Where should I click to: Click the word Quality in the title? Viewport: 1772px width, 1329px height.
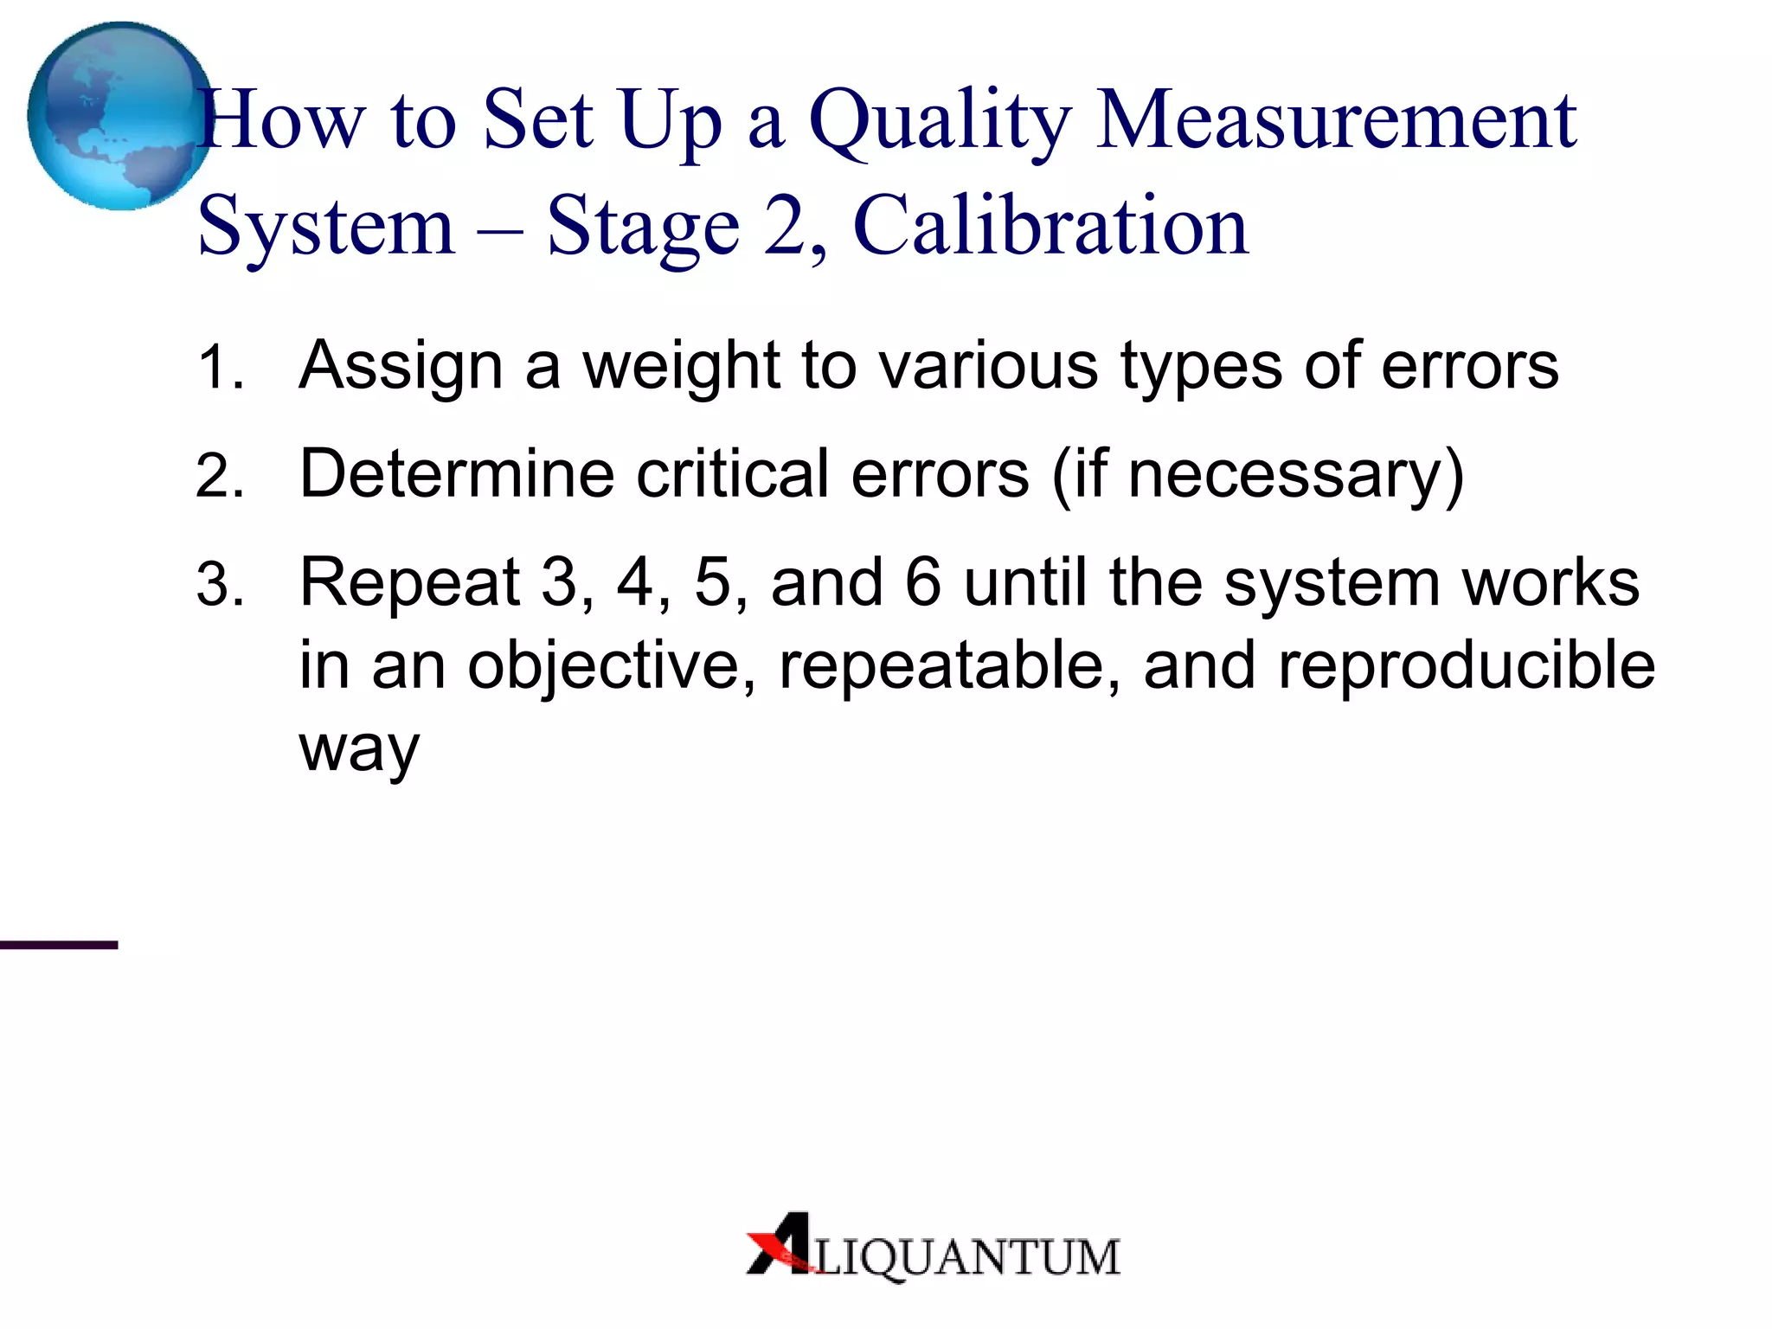tap(940, 123)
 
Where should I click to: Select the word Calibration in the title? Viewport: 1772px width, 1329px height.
tap(1050, 227)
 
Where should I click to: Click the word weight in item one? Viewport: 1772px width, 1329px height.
tap(681, 367)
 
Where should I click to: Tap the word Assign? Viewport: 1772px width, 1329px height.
tap(401, 367)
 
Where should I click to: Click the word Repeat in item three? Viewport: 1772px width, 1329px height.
tap(408, 583)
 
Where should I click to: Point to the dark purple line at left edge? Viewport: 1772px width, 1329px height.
tap(58, 945)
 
